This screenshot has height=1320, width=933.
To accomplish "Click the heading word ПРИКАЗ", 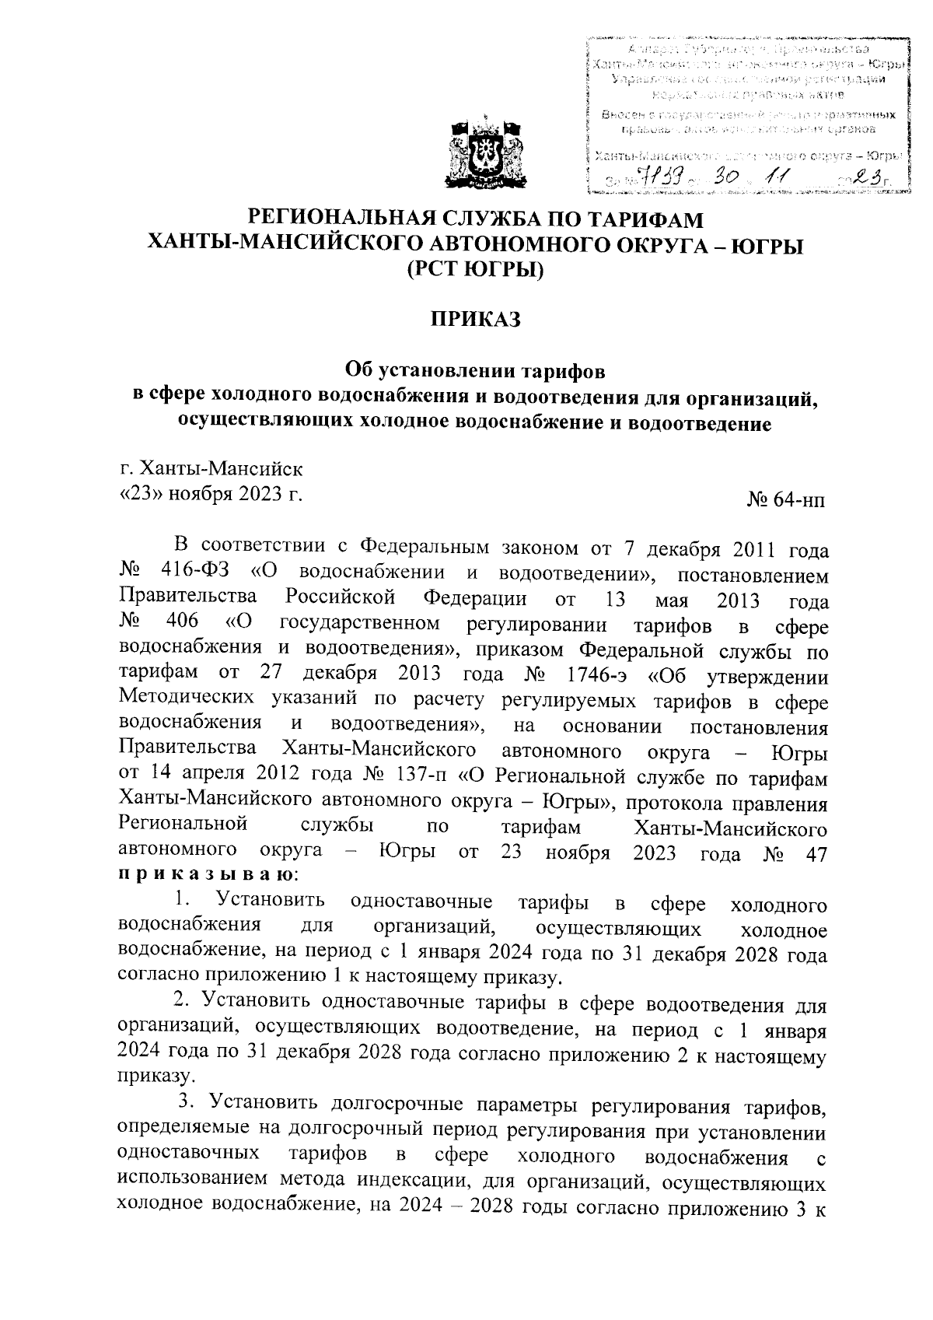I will pyautogui.click(x=474, y=320).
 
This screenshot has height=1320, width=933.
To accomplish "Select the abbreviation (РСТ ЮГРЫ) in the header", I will pyautogui.click(x=475, y=271).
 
